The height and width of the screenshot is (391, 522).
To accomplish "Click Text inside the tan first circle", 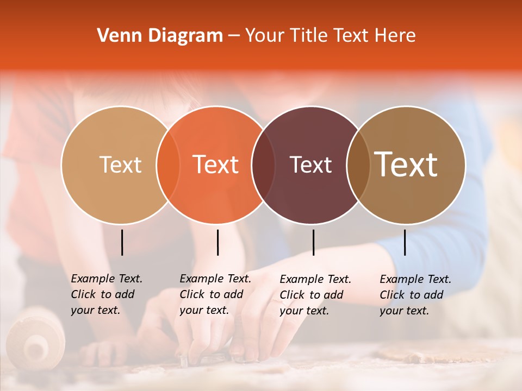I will (x=120, y=165).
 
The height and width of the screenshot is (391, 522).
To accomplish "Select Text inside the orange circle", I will (x=216, y=165).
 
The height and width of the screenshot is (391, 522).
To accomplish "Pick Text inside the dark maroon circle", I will (x=310, y=165).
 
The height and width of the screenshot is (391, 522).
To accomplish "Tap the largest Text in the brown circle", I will (x=406, y=165).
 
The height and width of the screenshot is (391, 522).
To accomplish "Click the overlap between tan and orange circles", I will (x=168, y=165).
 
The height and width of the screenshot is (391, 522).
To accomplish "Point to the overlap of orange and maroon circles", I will (x=263, y=165).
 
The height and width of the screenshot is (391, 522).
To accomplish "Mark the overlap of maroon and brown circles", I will (x=358, y=165).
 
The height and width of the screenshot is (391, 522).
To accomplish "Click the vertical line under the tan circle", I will (x=122, y=242).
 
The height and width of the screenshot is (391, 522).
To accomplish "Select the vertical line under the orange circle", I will (x=217, y=242).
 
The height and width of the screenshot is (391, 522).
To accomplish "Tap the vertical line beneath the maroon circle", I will (x=313, y=242).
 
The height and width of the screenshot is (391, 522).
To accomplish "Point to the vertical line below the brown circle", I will (x=405, y=242).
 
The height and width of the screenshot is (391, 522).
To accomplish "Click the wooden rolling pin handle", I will (x=35, y=339).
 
